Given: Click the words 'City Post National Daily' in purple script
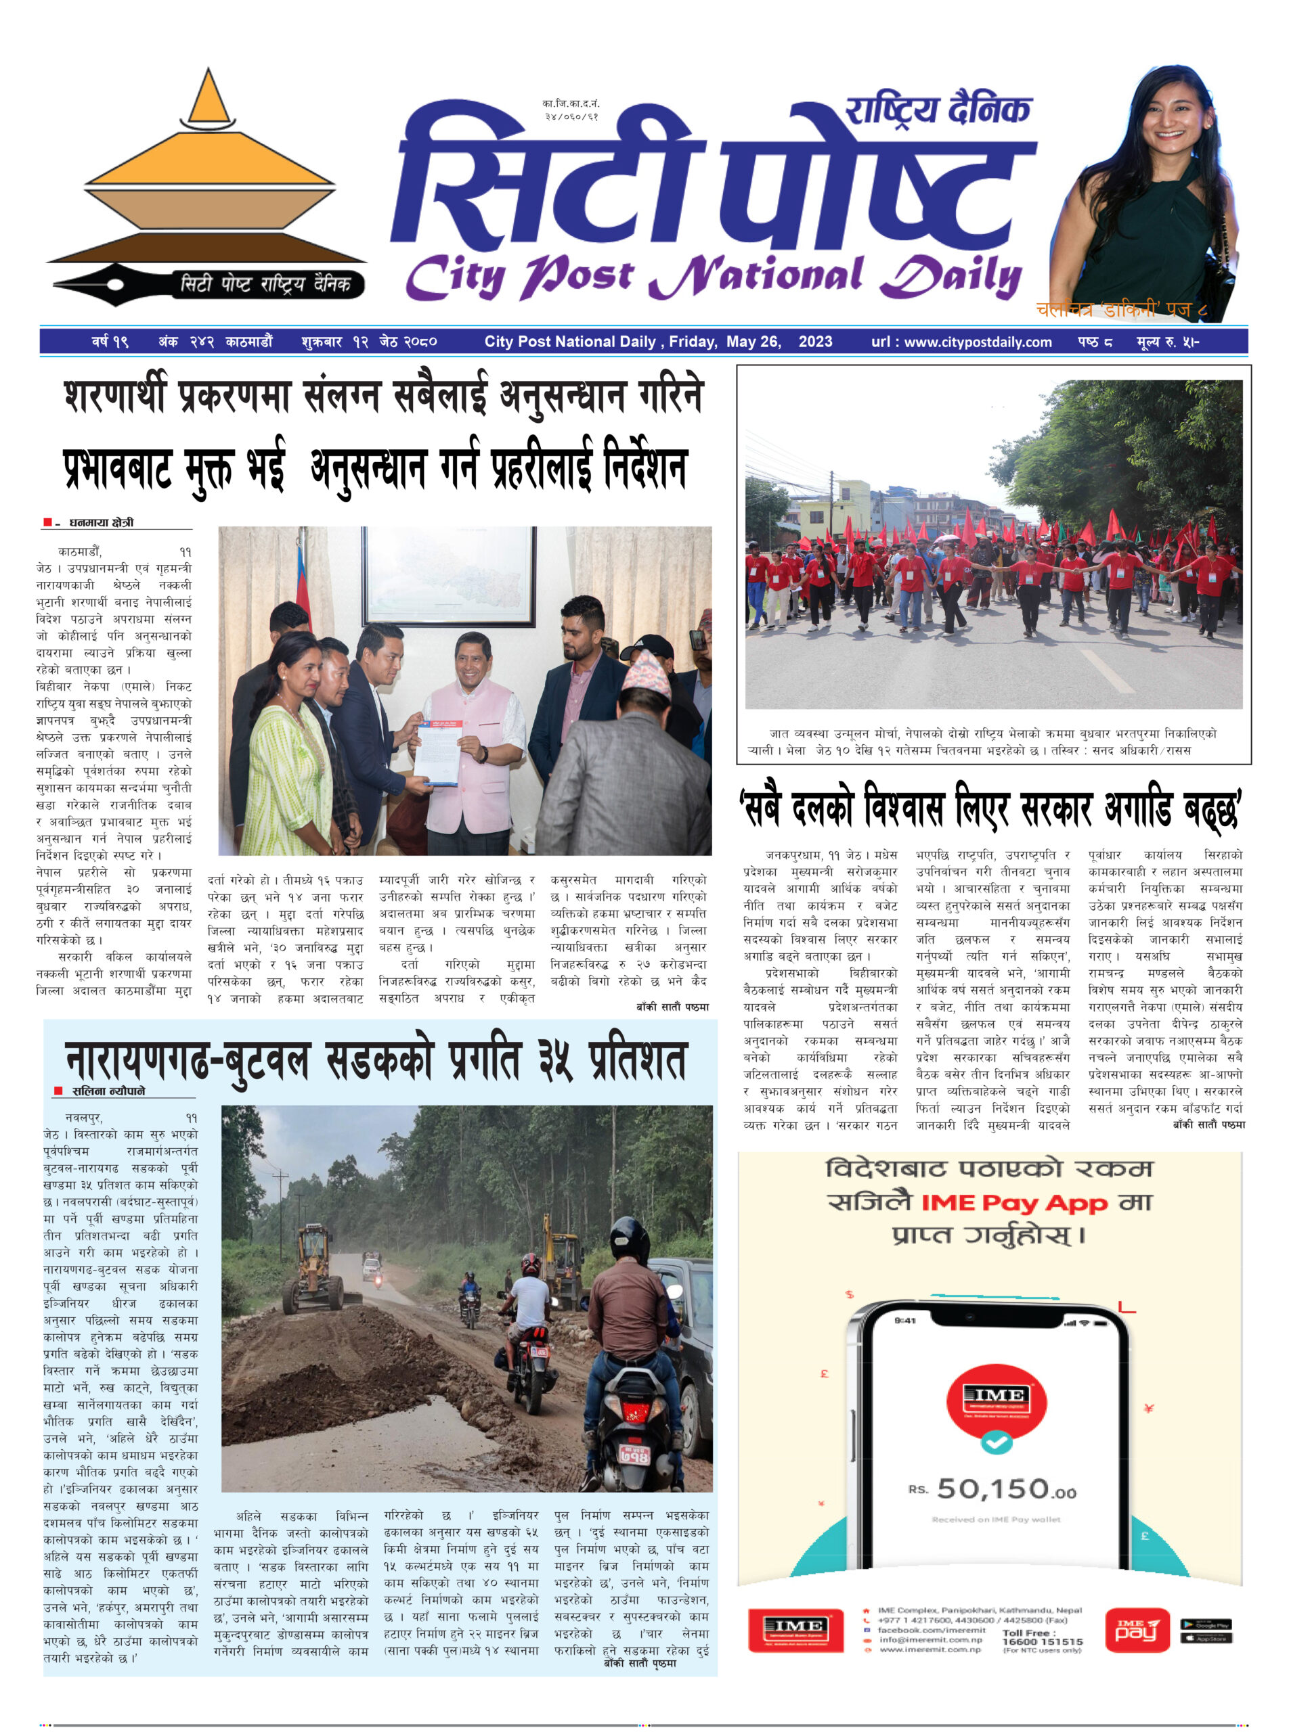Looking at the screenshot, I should [x=712, y=276].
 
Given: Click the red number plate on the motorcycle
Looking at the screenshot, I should [x=634, y=1454].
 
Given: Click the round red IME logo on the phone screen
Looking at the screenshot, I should [x=997, y=1395].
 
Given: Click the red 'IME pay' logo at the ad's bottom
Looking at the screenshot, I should [x=1137, y=1630].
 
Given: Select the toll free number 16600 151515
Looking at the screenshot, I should [x=1043, y=1641].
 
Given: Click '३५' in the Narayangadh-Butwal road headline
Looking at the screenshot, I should [x=554, y=1061].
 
